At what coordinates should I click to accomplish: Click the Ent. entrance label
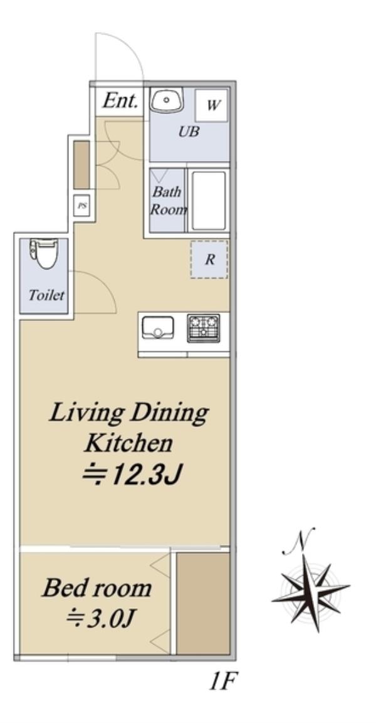120,100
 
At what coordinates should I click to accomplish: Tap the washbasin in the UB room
167,100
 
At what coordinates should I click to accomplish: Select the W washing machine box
212,105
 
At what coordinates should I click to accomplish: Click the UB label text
189,132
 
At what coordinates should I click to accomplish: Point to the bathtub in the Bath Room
209,201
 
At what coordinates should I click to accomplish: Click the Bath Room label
168,201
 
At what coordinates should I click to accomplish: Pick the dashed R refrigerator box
209,259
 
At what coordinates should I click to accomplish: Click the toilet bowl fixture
44,253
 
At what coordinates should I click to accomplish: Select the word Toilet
46,295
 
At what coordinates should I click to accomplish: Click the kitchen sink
157,327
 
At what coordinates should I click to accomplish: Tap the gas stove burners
203,328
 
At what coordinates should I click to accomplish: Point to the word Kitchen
128,443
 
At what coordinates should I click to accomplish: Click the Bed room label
97,588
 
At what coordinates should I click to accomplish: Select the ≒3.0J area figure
100,619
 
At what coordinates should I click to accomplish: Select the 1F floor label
223,682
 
